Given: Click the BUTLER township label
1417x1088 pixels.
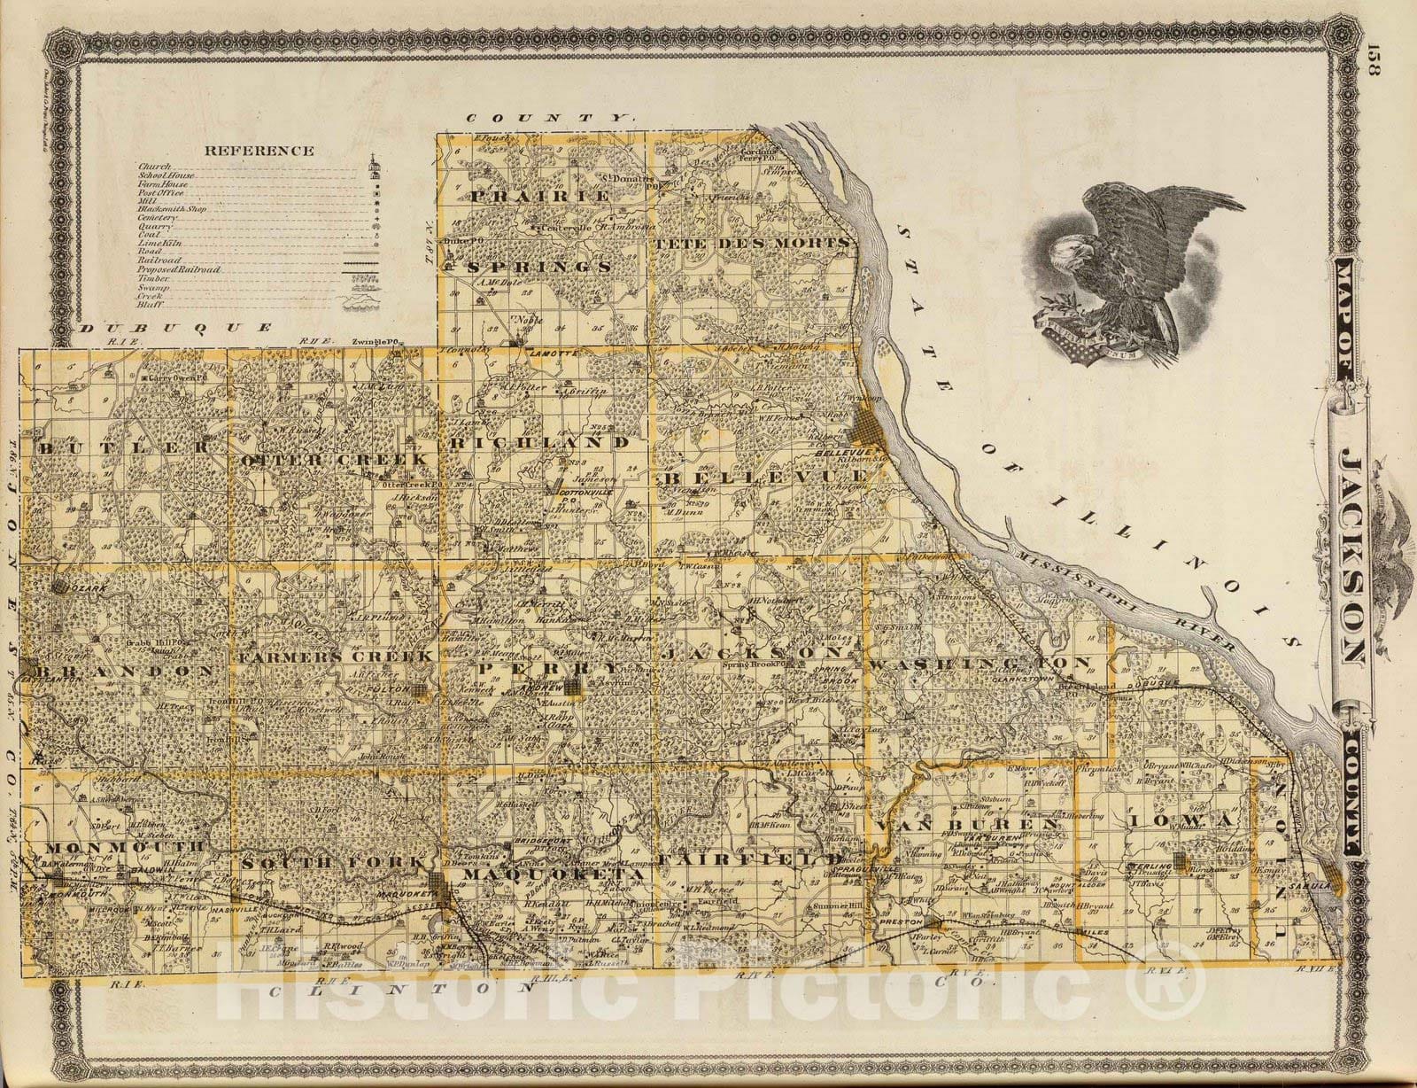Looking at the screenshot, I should pos(122,447).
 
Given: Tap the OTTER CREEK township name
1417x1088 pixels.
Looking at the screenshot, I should pos(335,459).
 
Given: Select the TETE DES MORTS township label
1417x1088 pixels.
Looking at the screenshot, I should pos(751,240).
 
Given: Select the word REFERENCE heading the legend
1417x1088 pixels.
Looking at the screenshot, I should pos(259,150).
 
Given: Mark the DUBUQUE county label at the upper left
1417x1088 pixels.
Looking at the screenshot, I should pos(175,327).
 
